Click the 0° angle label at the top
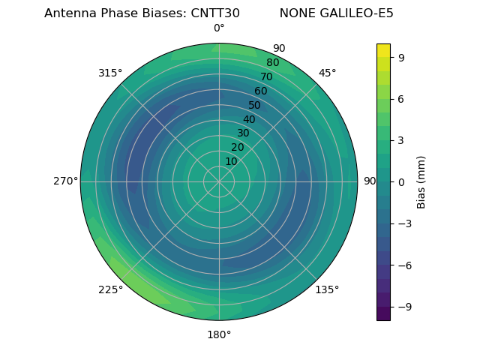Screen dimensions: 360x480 pyautogui.click(x=219, y=28)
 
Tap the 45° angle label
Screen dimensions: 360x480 pyautogui.click(x=327, y=73)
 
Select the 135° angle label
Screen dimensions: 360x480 pyautogui.click(x=327, y=289)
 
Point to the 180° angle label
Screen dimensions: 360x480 pyautogui.click(x=219, y=334)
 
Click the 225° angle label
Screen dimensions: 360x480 pyautogui.click(x=110, y=289)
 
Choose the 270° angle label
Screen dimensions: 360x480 pyautogui.click(x=65, y=181)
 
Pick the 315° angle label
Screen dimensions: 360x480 pyautogui.click(x=110, y=73)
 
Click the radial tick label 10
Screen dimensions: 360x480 pyautogui.click(x=231, y=161)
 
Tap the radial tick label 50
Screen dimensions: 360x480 pyautogui.click(x=255, y=106)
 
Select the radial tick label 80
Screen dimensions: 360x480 pyautogui.click(x=273, y=63)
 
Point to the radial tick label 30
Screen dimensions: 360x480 pyautogui.click(x=243, y=133)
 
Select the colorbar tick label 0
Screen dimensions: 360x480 pyautogui.click(x=402, y=181)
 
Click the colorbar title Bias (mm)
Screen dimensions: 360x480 pyautogui.click(x=421, y=181)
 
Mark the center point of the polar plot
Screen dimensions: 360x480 pyautogui.click(x=219, y=181)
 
